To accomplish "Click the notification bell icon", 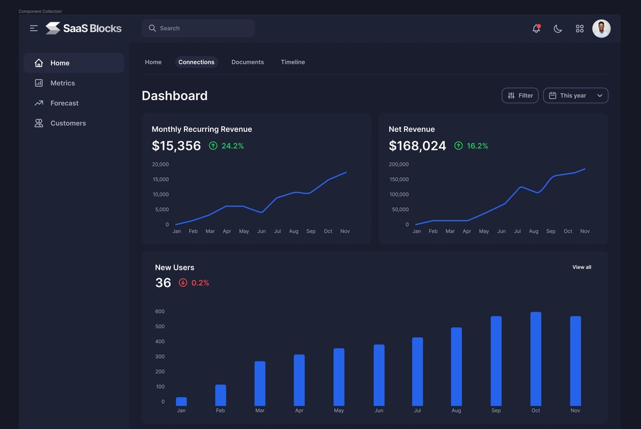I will (x=536, y=29).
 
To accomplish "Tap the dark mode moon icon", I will (x=557, y=29).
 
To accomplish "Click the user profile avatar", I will (x=601, y=29).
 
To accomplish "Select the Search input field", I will (x=198, y=28).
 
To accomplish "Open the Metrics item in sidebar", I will (x=63, y=83).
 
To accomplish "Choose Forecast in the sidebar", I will (x=64, y=103).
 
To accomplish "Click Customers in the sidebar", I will (x=68, y=123).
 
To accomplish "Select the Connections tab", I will (x=196, y=62).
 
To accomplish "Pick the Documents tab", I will (x=247, y=62).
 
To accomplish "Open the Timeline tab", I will (x=293, y=62).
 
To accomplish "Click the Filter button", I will (x=520, y=96).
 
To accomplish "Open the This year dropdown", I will (x=575, y=96).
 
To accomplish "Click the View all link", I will (x=582, y=267).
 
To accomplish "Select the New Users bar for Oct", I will (x=536, y=359).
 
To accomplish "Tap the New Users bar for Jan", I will (x=181, y=402).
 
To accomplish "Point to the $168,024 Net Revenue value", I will (x=417, y=146).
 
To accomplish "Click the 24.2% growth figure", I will (x=232, y=146).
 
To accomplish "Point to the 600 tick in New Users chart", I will (x=159, y=312).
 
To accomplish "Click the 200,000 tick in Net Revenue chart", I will (x=399, y=164).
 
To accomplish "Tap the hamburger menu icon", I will (x=34, y=29).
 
